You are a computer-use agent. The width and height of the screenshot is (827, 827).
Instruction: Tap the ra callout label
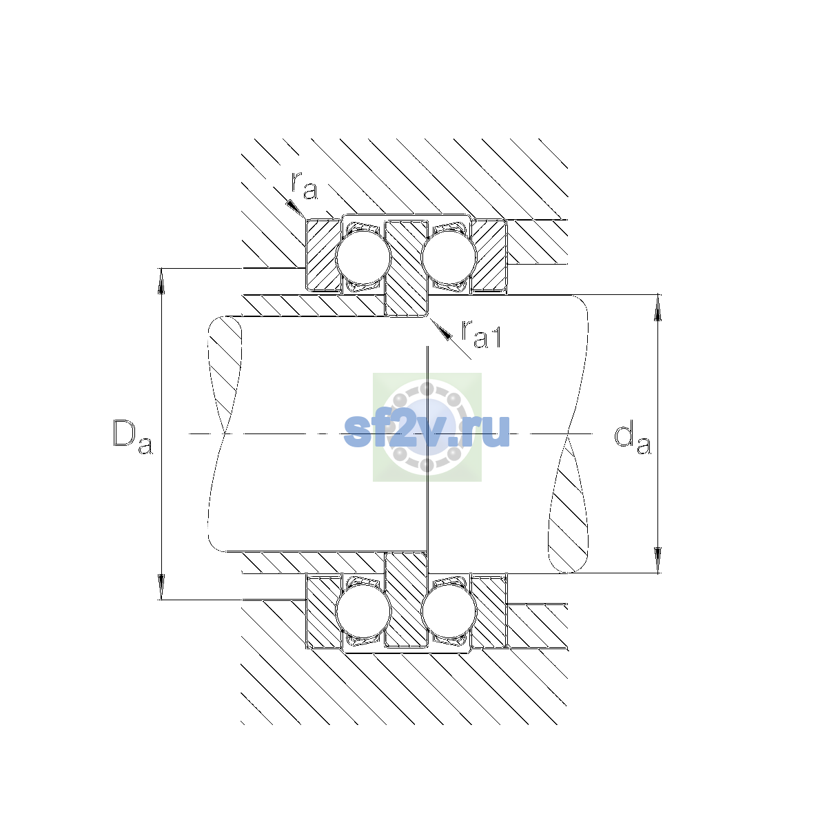click(305, 186)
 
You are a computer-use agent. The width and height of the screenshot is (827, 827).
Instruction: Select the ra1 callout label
click(481, 334)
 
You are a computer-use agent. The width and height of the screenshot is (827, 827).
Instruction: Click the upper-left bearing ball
click(363, 258)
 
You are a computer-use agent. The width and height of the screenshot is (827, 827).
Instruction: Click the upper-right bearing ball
click(449, 258)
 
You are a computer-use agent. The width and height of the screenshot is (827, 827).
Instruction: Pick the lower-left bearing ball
click(363, 611)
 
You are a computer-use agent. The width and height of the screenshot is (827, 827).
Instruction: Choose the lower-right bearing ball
click(449, 611)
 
